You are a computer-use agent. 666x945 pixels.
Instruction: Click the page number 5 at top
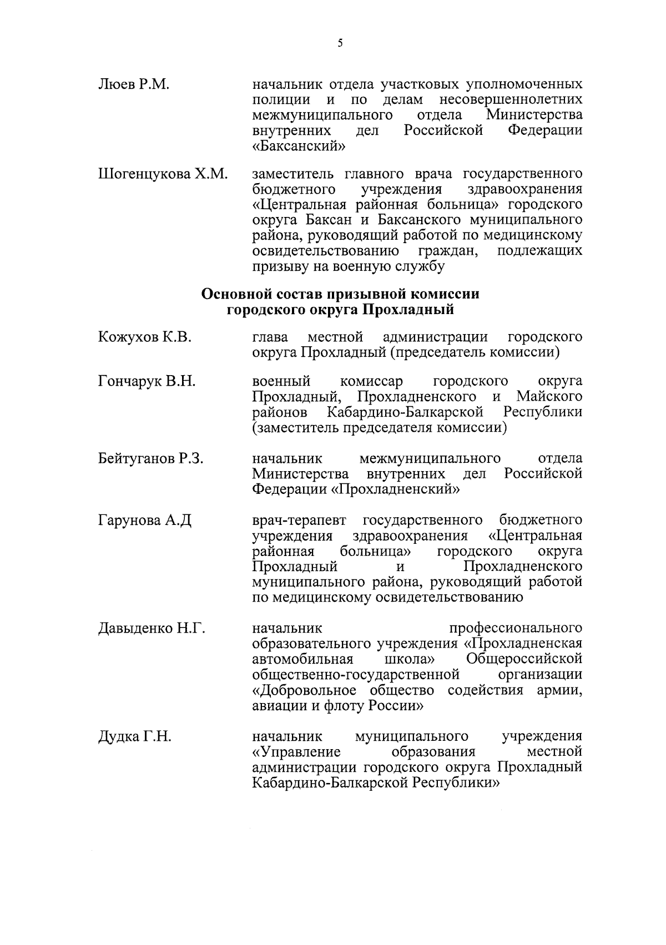click(x=340, y=43)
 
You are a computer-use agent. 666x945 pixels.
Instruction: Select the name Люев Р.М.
click(x=133, y=85)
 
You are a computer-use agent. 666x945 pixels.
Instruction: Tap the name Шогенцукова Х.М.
click(x=163, y=174)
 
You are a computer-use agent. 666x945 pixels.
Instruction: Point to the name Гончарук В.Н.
click(x=147, y=381)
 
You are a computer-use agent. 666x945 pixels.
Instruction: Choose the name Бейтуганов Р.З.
click(x=151, y=458)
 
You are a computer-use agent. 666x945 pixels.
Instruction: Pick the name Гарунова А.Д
click(x=144, y=520)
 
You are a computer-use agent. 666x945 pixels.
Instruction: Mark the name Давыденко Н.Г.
click(x=152, y=629)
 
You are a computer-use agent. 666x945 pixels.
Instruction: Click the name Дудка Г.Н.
click(x=134, y=737)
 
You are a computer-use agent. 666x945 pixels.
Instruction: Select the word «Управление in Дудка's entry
click(x=296, y=752)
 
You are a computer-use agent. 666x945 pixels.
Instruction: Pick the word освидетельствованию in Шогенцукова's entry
click(x=326, y=251)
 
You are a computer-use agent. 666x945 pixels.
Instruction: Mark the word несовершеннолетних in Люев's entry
click(x=511, y=100)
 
